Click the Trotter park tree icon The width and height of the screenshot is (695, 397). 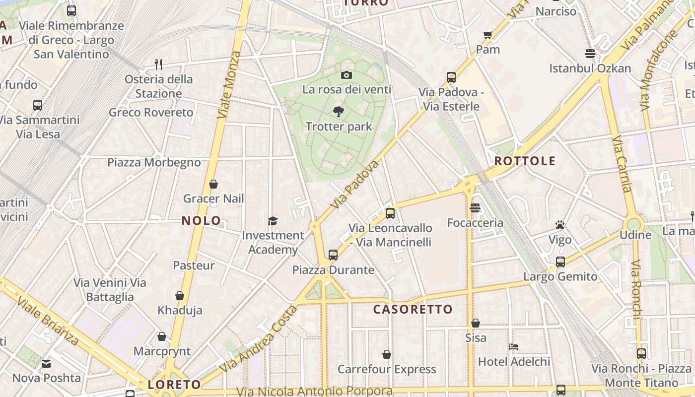coord(339,112)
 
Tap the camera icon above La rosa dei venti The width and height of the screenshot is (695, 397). coord(347,75)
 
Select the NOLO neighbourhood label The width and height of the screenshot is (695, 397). coord(201,221)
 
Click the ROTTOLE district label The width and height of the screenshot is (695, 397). coord(525,161)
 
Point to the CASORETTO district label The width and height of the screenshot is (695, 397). coord(413,310)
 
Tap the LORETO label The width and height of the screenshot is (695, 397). coord(174,385)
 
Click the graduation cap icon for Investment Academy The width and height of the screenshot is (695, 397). coord(273,221)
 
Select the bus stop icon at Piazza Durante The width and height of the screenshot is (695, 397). coord(333,255)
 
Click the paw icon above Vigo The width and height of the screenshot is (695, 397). coord(560,225)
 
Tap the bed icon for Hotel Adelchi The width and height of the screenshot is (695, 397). coord(514,346)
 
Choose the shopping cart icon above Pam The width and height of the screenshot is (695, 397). coord(487,35)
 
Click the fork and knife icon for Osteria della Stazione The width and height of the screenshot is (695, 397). coord(158,64)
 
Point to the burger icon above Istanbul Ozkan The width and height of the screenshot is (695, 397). coord(590,53)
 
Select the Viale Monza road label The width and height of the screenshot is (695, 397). coord(229,84)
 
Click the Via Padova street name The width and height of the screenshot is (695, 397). coord(354,184)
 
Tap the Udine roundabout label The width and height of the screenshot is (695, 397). coord(635,235)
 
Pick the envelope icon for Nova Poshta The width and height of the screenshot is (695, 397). coord(46,364)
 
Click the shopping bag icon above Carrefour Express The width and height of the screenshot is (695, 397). coord(387,354)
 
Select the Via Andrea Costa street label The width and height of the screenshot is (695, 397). coord(259,339)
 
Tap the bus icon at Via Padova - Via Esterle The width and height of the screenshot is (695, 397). coord(451,77)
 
